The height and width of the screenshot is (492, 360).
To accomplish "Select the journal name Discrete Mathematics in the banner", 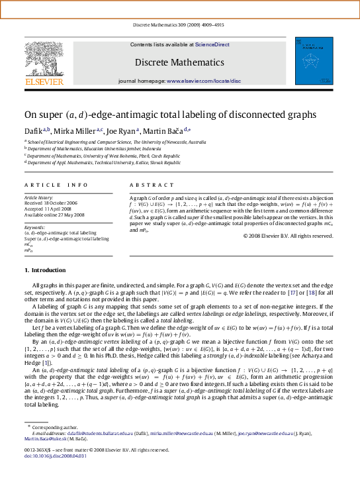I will point(179,62).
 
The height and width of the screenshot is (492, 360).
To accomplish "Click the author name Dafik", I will point(34,131).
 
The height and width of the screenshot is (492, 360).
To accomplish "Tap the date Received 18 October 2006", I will point(50,203).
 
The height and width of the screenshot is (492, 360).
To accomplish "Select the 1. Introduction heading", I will point(45,271).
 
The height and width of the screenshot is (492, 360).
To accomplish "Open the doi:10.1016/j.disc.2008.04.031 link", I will point(56,475).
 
